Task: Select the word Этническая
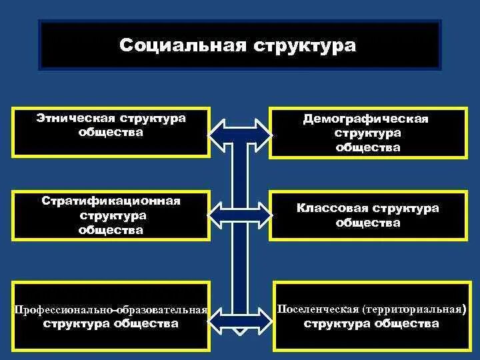(76, 118)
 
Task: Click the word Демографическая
(365, 119)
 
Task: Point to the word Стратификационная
(111, 201)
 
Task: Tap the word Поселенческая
(318, 310)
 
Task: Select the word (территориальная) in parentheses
(414, 310)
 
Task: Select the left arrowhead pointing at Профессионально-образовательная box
(223, 322)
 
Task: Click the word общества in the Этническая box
(111, 132)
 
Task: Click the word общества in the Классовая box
(368, 223)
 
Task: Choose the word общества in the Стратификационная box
(111, 230)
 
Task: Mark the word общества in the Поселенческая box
(409, 324)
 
